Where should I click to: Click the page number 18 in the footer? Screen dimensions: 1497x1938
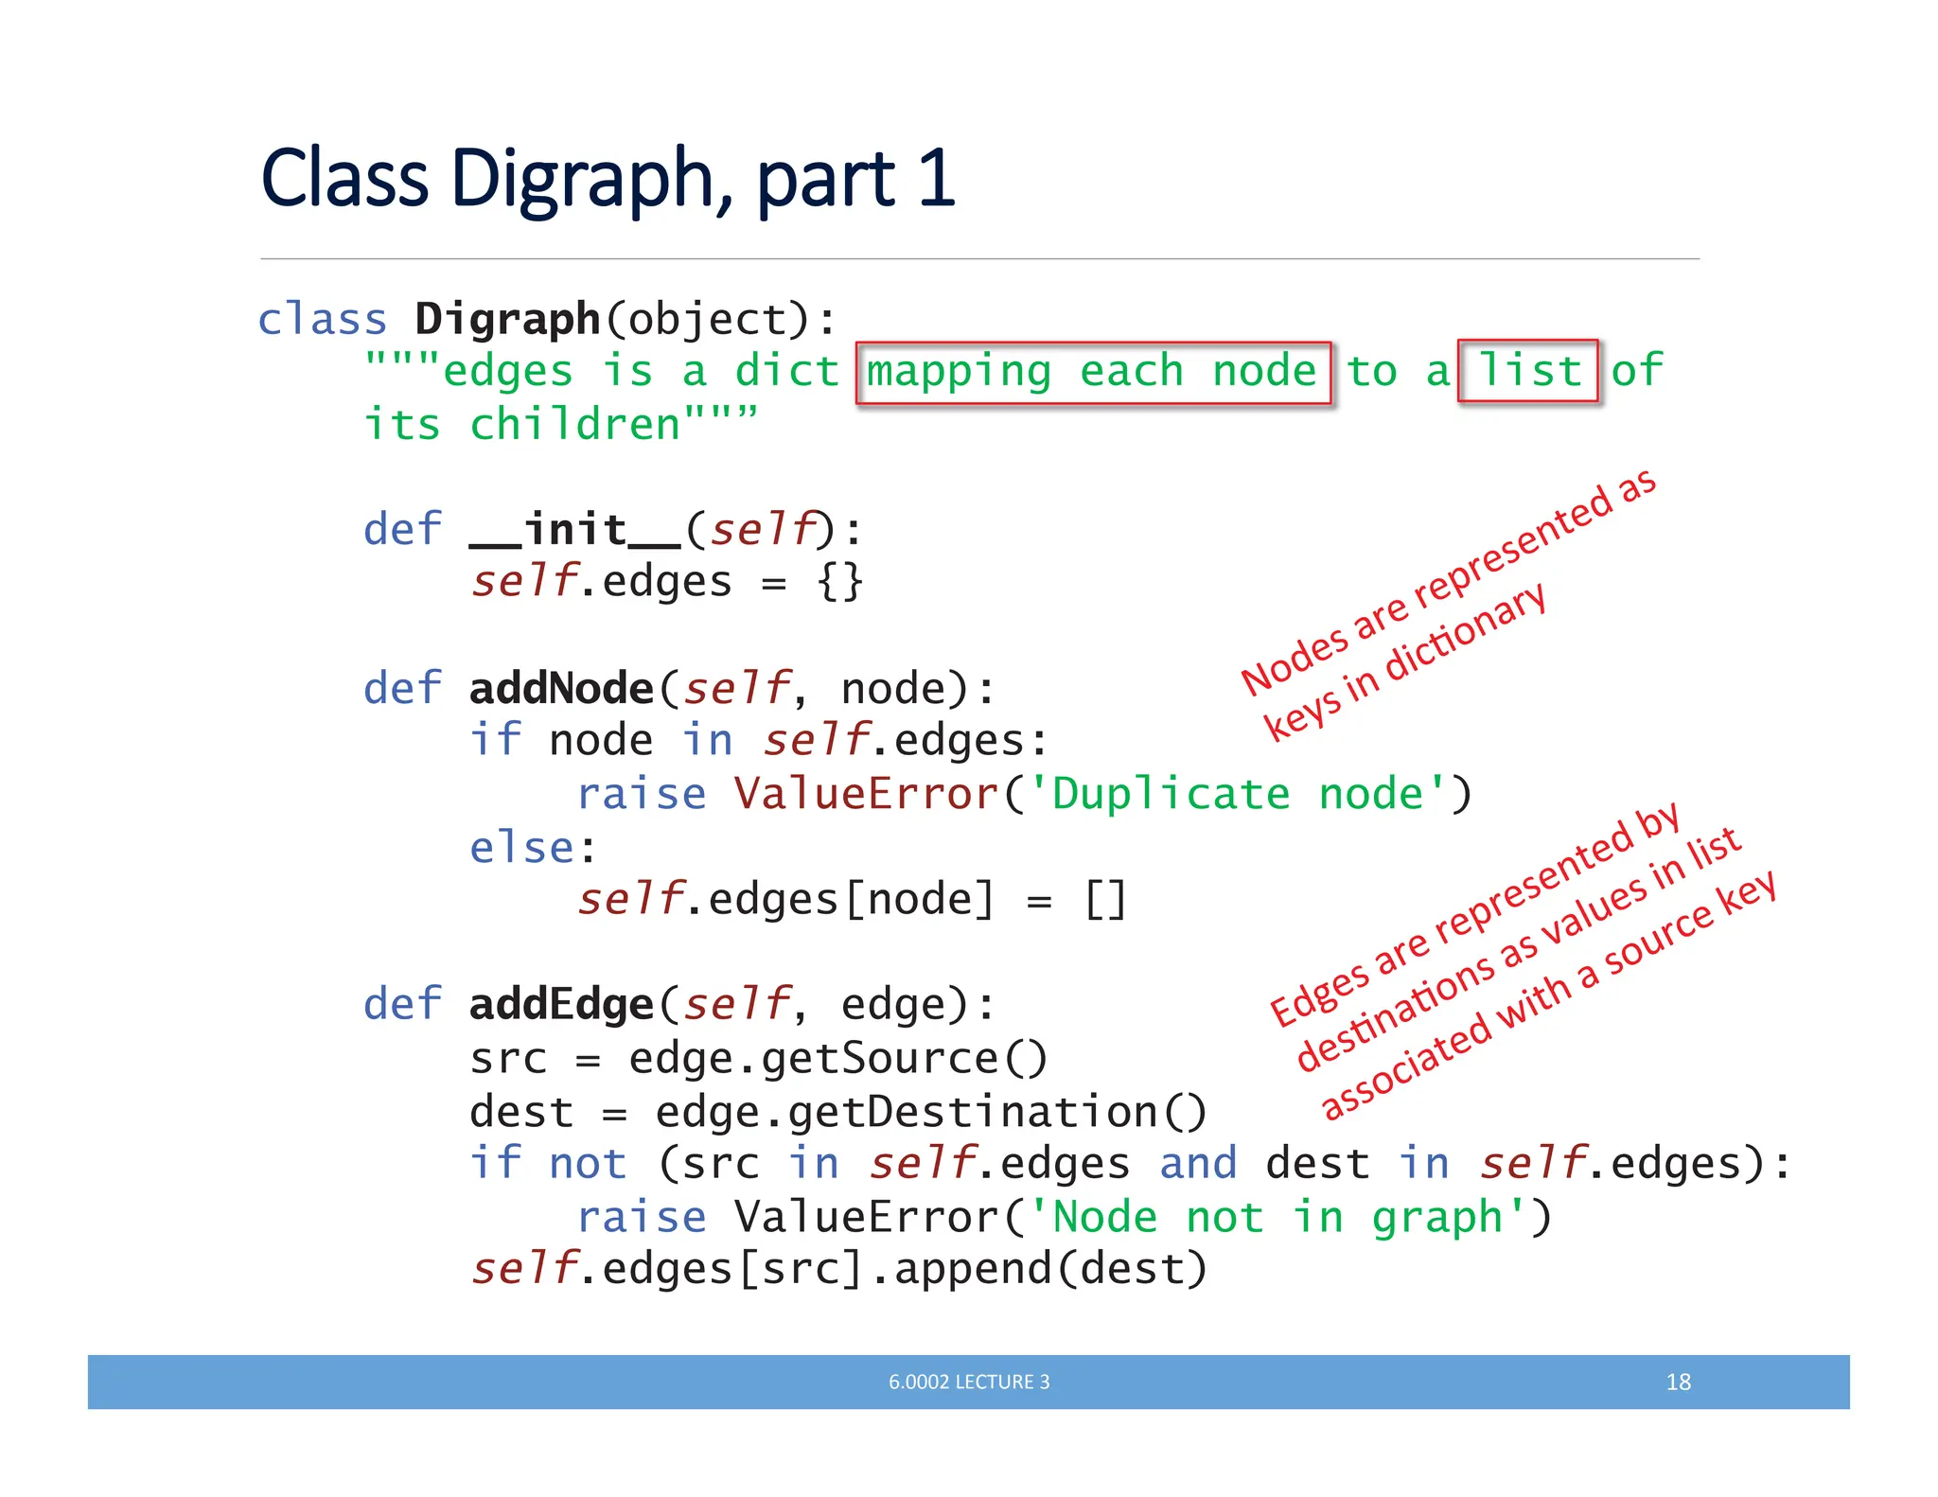click(x=1678, y=1382)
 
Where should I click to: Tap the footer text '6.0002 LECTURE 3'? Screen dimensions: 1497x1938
click(x=968, y=1382)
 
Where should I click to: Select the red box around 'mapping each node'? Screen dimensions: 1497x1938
click(x=1093, y=373)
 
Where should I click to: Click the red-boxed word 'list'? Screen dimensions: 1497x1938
click(x=1528, y=371)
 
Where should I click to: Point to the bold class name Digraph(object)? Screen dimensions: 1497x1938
click(x=507, y=320)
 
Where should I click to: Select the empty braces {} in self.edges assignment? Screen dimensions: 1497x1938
click(x=839, y=582)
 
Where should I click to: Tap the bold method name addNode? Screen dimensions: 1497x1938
click(x=561, y=689)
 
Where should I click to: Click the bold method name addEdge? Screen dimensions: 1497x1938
click(x=561, y=1005)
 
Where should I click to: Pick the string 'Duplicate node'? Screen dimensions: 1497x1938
click(x=1237, y=794)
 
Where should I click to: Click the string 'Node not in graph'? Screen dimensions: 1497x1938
click(x=1277, y=1217)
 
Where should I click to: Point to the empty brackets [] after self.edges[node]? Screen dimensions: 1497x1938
click(x=1104, y=900)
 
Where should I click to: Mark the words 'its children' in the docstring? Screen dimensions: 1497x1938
click(x=523, y=425)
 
